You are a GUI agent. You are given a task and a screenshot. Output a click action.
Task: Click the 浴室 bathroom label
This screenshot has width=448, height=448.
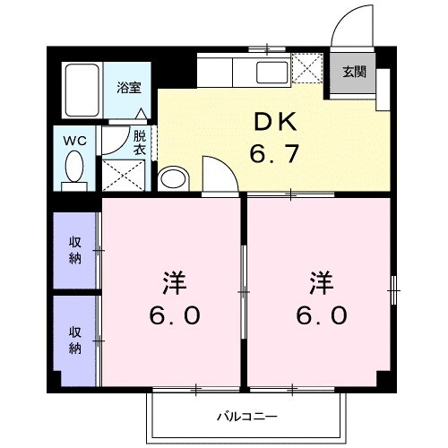point(129,88)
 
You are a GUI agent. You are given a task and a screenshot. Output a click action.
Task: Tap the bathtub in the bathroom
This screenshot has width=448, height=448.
point(82,90)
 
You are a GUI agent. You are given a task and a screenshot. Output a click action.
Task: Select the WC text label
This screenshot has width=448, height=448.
point(73,140)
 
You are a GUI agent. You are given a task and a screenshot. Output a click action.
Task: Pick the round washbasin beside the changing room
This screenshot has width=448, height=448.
point(171,178)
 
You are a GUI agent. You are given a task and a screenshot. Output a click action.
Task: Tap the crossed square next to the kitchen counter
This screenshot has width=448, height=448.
point(307,68)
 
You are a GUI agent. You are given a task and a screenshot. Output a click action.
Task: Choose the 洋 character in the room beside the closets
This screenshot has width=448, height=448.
point(174,283)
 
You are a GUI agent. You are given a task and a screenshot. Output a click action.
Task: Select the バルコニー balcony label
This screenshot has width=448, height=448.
point(247,417)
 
